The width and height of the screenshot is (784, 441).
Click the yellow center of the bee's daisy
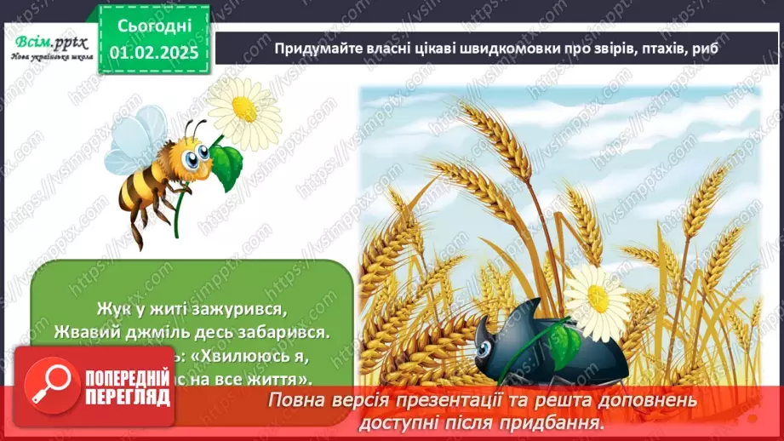click(244, 108)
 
